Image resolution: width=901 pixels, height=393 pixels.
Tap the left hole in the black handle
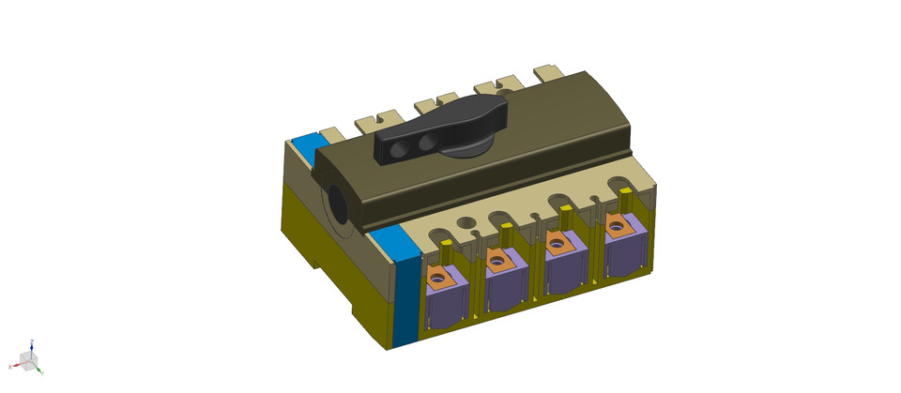(398, 148)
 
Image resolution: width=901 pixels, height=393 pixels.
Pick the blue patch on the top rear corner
(305, 146)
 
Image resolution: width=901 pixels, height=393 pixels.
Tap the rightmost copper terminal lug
(616, 225)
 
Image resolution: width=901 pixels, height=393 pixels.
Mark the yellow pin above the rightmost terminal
(624, 198)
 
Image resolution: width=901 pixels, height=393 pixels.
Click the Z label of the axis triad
(32, 342)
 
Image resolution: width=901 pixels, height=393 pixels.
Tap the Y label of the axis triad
(41, 372)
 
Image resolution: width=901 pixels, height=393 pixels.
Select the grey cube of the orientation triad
(28, 361)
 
